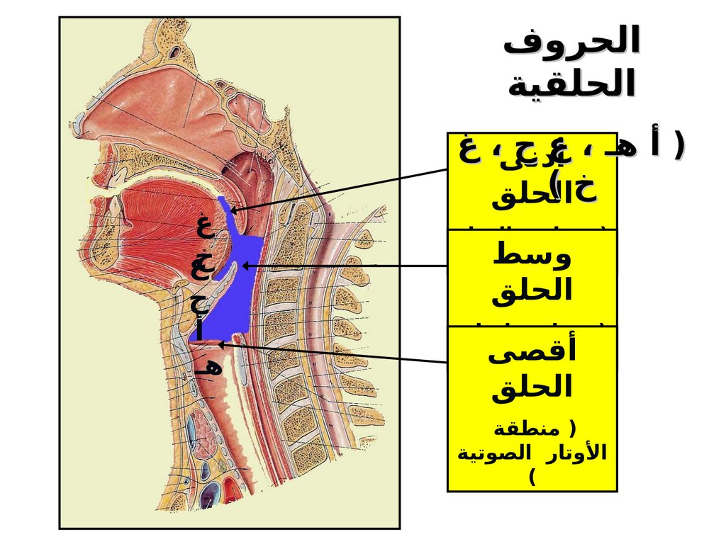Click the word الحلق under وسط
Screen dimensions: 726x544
pyautogui.click(x=532, y=290)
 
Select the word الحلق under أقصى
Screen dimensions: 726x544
pyautogui.click(x=532, y=387)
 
